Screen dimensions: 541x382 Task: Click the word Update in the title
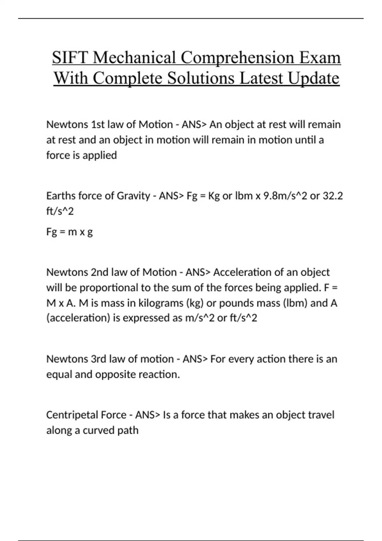click(314, 78)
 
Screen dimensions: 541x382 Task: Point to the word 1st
click(98, 124)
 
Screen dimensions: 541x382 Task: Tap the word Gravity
click(133, 196)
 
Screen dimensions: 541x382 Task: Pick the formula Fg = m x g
click(69, 232)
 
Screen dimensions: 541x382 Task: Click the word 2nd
click(100, 272)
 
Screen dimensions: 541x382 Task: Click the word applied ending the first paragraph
click(100, 155)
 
